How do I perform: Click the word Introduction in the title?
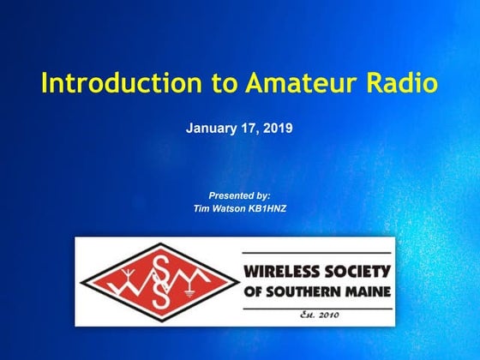pyautogui.click(x=113, y=83)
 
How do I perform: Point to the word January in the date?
pyautogui.click(x=211, y=129)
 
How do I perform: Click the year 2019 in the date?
pyautogui.click(x=279, y=129)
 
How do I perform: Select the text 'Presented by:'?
pyautogui.click(x=239, y=195)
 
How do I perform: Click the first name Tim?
pyautogui.click(x=202, y=208)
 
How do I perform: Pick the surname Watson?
pyautogui.click(x=231, y=208)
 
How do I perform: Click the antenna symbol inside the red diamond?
pyautogui.click(x=125, y=276)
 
